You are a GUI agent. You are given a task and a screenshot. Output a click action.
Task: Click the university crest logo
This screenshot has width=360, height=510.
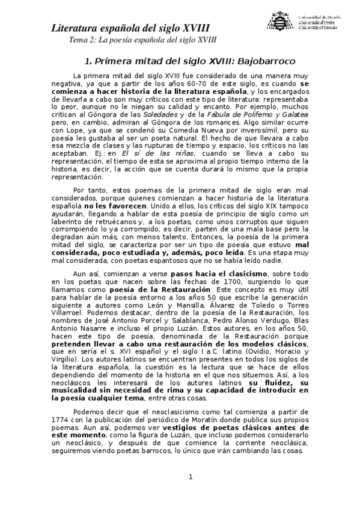[x=279, y=23]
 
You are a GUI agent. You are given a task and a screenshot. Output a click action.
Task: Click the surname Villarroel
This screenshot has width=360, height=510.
[x=69, y=313]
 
